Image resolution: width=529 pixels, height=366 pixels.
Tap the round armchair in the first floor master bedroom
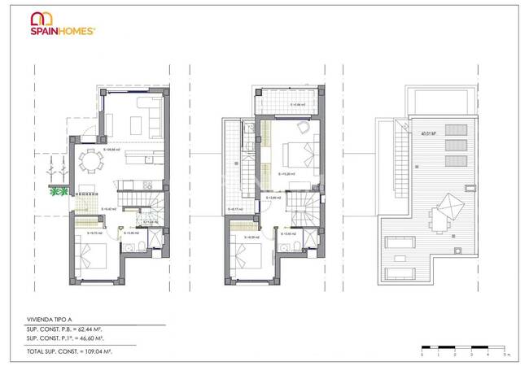pos(302,126)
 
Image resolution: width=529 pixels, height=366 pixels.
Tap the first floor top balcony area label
pos(298,105)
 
